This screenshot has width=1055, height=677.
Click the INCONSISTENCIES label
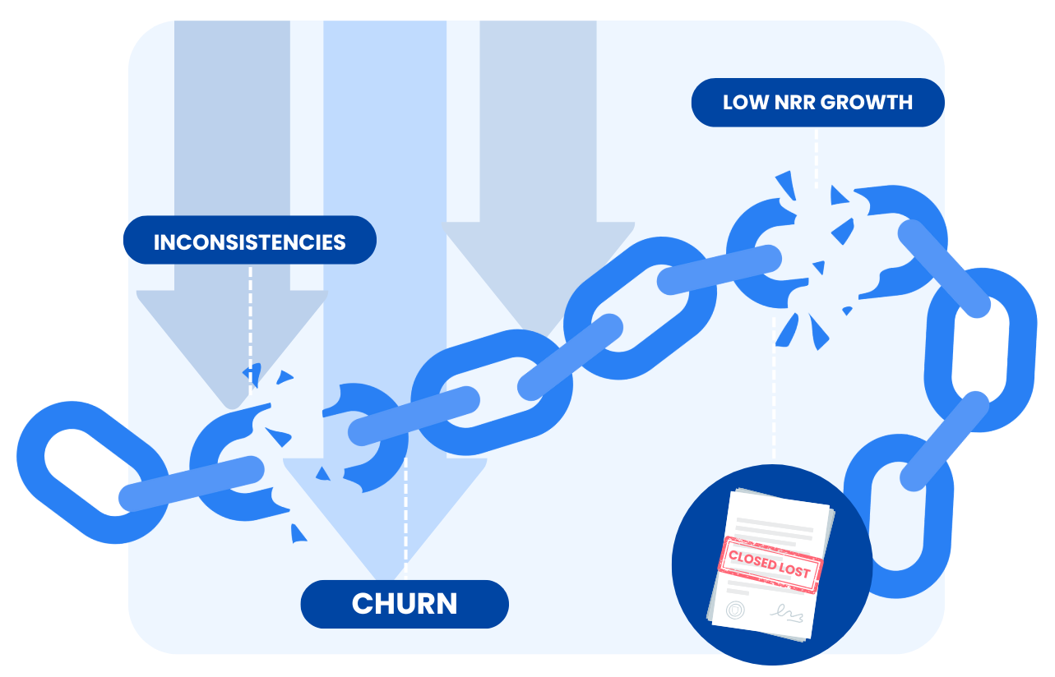(x=249, y=241)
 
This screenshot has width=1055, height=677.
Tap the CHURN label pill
(x=405, y=604)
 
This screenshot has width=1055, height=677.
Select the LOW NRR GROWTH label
(x=817, y=103)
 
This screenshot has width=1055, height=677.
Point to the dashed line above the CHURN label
(x=405, y=526)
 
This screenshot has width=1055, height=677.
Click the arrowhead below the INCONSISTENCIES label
(x=232, y=394)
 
